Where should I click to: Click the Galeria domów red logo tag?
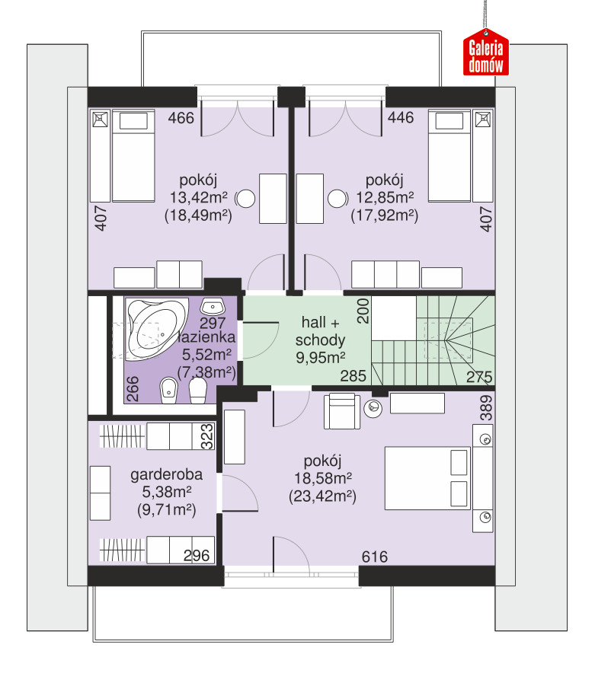tap(486, 52)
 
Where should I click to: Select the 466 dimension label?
tap(181, 117)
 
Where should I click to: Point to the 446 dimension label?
tap(401, 117)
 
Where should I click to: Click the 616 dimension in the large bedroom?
tap(375, 557)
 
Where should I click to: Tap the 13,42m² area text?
tap(199, 197)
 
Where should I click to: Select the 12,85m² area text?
tap(385, 197)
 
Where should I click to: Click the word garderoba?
tap(167, 475)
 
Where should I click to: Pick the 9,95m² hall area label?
tap(321, 357)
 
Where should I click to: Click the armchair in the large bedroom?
tap(342, 411)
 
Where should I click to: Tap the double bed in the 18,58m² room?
tap(427, 477)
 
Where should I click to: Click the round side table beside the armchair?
tap(373, 408)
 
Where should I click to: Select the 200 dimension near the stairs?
tap(363, 311)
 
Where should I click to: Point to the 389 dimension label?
tap(486, 408)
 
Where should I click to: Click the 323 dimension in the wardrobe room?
tap(207, 436)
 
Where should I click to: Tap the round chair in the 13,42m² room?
tap(245, 199)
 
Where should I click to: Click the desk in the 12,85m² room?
tap(310, 199)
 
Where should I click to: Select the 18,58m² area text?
tap(323, 478)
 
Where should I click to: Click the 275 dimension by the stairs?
tap(479, 378)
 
